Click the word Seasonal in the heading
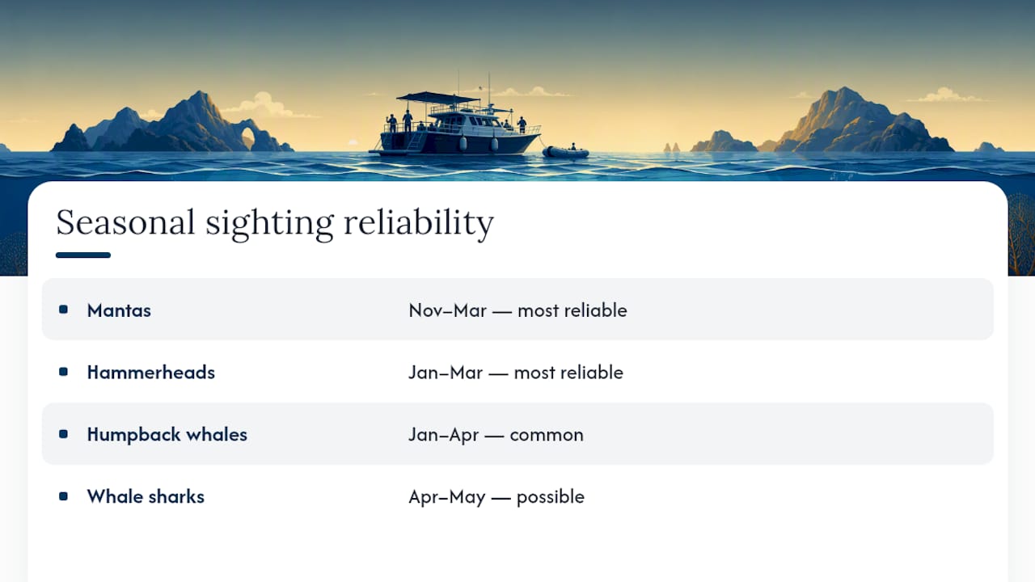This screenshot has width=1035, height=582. (125, 222)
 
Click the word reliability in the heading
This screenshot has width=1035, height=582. (419, 224)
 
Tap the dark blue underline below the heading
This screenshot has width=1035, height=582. (83, 255)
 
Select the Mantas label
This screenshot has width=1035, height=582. (119, 310)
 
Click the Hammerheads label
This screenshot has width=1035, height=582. (151, 373)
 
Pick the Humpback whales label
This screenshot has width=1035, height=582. (167, 435)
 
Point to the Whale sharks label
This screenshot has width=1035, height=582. (146, 496)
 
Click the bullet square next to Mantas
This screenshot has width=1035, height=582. (63, 310)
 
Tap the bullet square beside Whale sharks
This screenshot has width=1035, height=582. (63, 496)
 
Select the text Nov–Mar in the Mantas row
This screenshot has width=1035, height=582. (448, 310)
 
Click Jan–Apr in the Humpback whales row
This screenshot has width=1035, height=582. (443, 435)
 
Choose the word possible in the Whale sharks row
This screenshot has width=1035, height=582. (551, 497)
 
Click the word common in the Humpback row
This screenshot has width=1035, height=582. (547, 435)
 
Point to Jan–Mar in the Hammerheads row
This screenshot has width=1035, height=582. (446, 373)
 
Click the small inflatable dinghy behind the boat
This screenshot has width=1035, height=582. (565, 151)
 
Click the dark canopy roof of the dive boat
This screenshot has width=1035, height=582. (437, 98)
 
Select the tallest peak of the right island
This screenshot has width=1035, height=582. (844, 90)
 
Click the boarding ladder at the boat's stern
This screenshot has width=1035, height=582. (416, 141)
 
